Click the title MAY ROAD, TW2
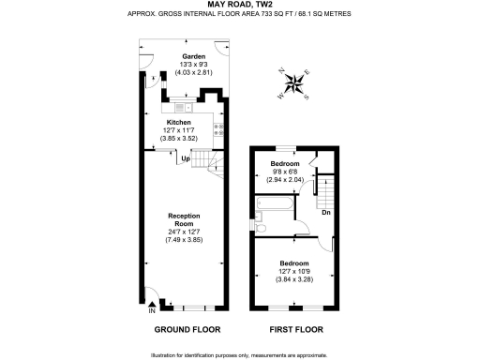coord(239,5)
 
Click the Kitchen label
coord(179,123)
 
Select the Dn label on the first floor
coord(324,213)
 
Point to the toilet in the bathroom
coord(262,227)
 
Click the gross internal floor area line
coord(239,15)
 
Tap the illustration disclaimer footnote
coord(239,355)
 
